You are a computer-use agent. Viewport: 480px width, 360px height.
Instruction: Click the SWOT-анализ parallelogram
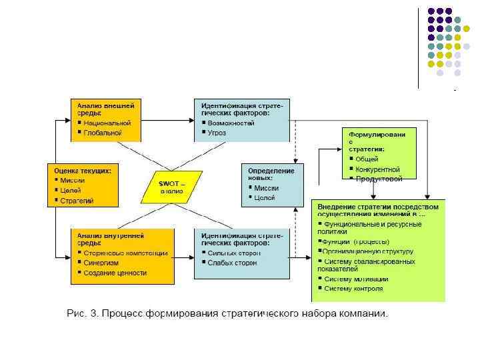[171, 187]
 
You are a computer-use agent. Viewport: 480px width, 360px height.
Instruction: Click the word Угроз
[217, 133]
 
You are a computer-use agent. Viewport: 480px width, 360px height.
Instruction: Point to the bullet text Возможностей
[231, 123]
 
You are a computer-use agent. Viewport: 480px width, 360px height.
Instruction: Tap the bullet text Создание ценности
[115, 273]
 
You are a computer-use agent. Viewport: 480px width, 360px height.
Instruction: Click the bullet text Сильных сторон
[233, 253]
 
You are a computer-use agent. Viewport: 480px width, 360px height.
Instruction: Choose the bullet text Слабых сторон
[231, 263]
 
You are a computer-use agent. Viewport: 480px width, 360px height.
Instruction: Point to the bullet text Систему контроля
[353, 289]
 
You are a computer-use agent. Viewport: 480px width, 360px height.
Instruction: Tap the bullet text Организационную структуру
[368, 251]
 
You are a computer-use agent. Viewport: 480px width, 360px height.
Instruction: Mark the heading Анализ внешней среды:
[105, 109]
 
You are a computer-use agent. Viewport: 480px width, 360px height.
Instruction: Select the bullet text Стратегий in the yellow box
[77, 201]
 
